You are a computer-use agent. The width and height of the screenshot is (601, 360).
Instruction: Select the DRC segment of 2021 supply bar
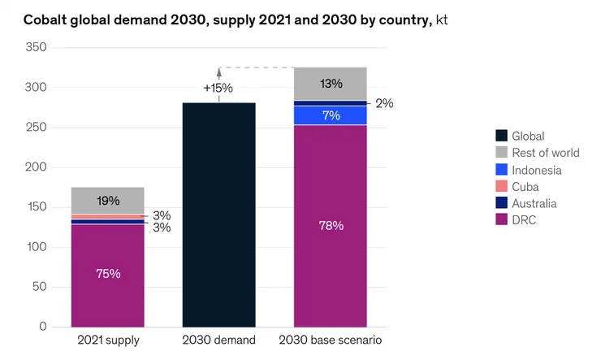coord(108,275)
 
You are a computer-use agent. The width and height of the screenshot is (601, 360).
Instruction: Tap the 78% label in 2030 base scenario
coord(331,225)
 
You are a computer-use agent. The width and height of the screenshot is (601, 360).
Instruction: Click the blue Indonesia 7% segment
coord(331,115)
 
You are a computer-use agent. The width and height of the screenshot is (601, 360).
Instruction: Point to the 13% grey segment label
coord(331,84)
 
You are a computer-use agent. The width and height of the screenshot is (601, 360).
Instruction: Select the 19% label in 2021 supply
coord(108,201)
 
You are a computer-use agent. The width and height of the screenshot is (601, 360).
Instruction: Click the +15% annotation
coord(218,88)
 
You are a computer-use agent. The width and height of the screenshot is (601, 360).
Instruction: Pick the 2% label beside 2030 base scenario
coord(384,103)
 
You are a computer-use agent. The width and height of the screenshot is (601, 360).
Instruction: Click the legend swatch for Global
coord(502,137)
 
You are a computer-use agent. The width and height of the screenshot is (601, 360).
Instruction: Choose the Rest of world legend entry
coord(545,154)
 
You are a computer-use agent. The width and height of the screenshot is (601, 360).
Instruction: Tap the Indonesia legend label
coord(536,170)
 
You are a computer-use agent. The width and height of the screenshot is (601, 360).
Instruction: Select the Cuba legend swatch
coord(502,187)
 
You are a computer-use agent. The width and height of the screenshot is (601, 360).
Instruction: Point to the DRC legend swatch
coord(502,220)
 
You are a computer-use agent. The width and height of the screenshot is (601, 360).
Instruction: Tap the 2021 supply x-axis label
coord(108,340)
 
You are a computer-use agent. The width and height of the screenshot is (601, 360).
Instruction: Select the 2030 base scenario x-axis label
coord(331,340)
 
